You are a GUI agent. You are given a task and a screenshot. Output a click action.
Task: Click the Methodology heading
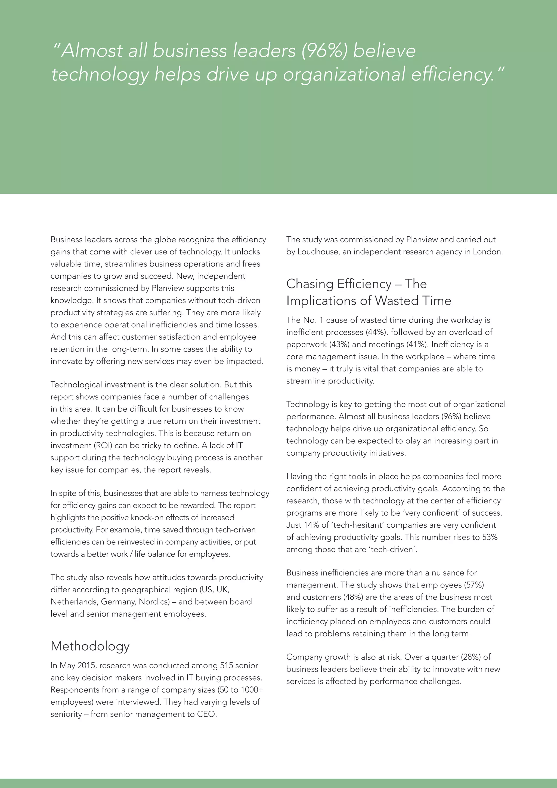click(90, 646)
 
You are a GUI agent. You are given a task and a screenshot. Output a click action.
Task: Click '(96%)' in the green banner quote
click(324, 51)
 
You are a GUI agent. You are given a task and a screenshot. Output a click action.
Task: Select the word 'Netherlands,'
click(75, 602)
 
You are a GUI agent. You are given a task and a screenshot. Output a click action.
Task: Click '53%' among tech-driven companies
click(490, 537)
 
